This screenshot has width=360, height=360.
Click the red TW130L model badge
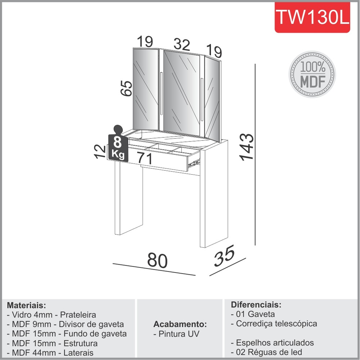[312, 17]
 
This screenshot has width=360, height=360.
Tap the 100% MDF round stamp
[312, 75]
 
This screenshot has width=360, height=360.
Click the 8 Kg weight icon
[118, 144]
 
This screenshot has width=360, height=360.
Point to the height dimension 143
[247, 147]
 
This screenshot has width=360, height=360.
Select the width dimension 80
[157, 260]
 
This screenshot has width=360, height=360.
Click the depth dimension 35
[224, 256]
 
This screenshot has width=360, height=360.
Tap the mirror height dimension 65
[126, 88]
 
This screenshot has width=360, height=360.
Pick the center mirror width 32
[182, 44]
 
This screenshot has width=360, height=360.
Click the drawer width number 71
[145, 158]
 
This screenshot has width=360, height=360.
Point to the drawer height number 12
[100, 152]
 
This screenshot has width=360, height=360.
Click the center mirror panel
[181, 93]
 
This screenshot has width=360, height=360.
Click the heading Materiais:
[26, 305]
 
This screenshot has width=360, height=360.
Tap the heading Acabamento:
[180, 324]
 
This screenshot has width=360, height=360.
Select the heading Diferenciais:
[256, 305]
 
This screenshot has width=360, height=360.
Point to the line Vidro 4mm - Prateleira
[51, 315]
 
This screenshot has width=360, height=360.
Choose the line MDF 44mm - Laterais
[50, 353]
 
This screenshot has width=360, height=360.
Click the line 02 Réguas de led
[266, 352]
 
